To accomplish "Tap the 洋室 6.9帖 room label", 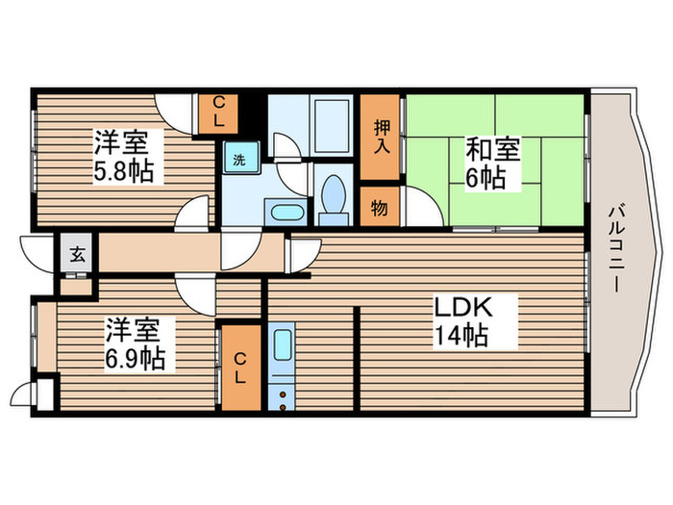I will pyautogui.click(x=134, y=344).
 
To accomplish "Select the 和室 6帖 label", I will pyautogui.click(x=493, y=164).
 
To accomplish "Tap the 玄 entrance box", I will pyautogui.click(x=75, y=255).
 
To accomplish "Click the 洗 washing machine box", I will pyautogui.click(x=239, y=159).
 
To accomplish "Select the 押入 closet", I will pyautogui.click(x=381, y=138).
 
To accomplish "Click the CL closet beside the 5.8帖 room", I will pyautogui.click(x=218, y=114).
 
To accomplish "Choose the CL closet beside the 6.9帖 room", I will pyautogui.click(x=240, y=366).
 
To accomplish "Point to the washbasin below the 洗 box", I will pyautogui.click(x=286, y=212).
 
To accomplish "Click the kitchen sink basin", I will pyautogui.click(x=282, y=346).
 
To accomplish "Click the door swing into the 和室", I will pyautogui.click(x=420, y=206).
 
